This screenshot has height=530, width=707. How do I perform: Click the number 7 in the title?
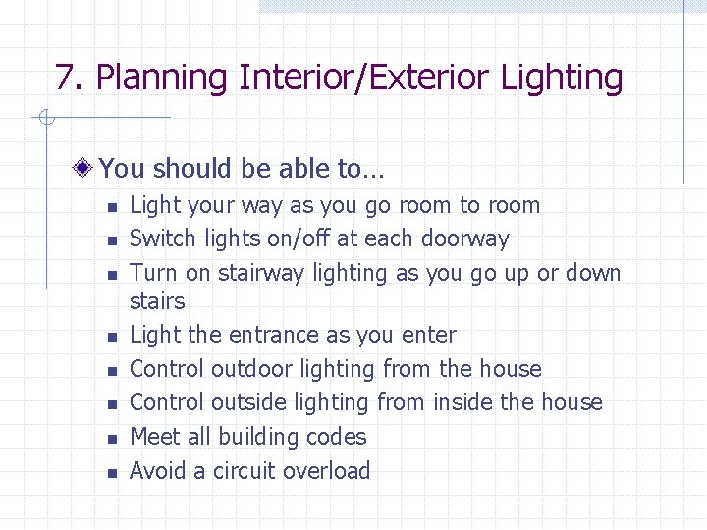[65, 77]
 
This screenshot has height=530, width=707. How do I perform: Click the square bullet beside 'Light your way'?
[113, 207]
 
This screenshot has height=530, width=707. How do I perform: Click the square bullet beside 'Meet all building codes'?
[113, 439]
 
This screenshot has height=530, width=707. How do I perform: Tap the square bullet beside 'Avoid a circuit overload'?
[113, 473]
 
